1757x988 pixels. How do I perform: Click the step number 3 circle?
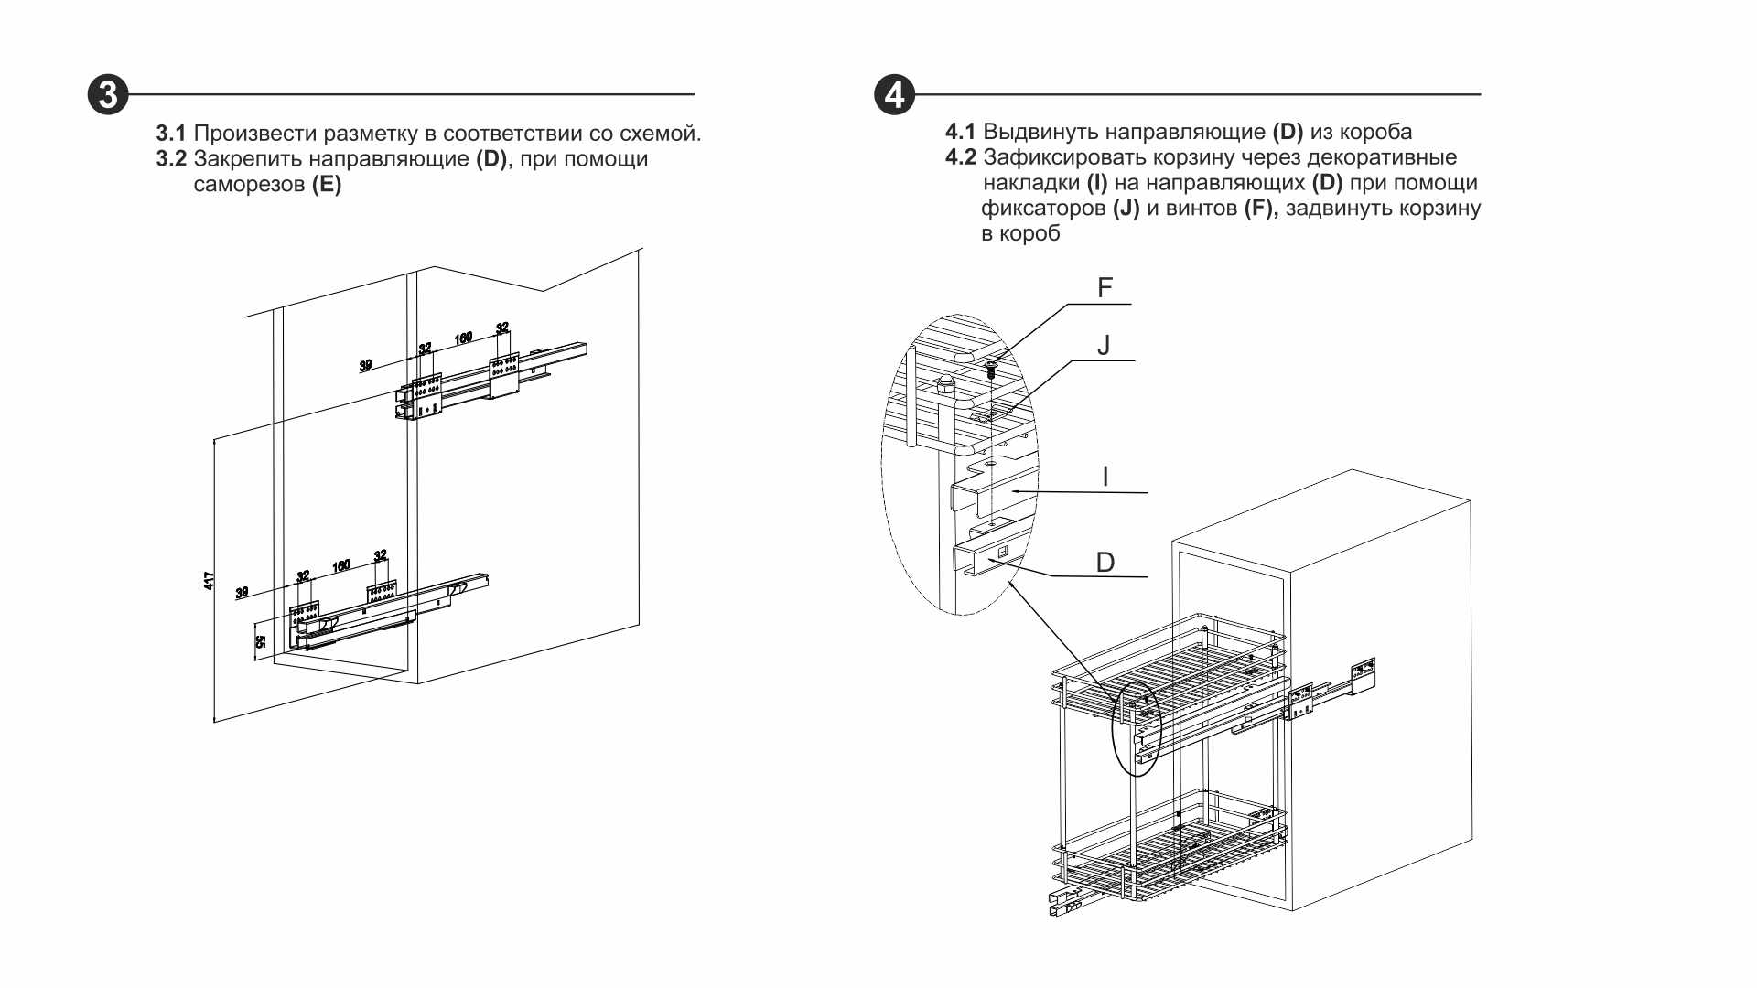click(108, 95)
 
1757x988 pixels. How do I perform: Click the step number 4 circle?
click(894, 95)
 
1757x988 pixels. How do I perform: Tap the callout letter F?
click(1105, 288)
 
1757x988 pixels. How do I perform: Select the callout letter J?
click(1104, 346)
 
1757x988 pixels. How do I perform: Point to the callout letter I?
click(1105, 477)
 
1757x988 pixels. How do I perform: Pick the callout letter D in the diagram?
click(1105, 563)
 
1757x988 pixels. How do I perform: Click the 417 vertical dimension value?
click(210, 580)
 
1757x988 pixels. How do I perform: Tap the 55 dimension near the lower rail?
click(260, 642)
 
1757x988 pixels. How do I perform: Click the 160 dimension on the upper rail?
click(463, 338)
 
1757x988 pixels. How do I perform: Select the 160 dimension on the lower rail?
click(341, 566)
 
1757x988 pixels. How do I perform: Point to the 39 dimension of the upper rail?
click(365, 366)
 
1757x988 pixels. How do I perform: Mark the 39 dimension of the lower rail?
click(242, 593)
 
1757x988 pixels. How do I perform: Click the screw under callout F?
click(991, 370)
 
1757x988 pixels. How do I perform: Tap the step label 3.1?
click(170, 134)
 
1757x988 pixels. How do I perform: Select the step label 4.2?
click(960, 157)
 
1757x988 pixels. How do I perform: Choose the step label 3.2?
click(170, 159)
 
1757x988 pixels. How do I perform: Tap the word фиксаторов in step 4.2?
click(1043, 209)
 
